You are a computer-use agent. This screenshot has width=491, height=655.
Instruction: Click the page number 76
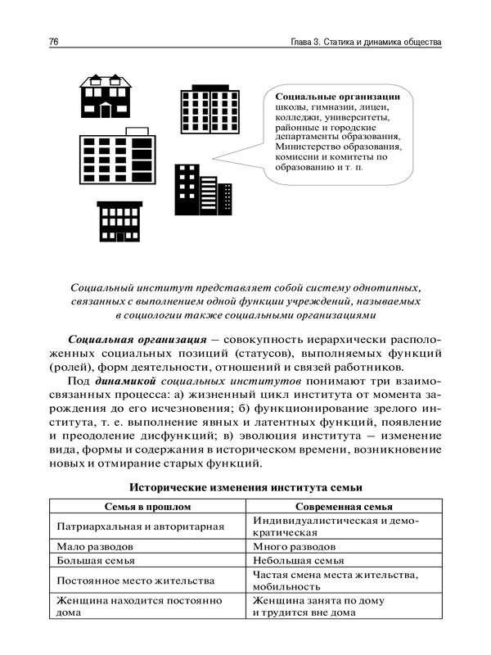pos(55,41)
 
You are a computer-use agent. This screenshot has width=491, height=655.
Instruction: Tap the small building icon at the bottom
pos(119,223)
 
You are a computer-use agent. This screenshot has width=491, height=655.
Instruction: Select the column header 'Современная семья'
pos(344,507)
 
